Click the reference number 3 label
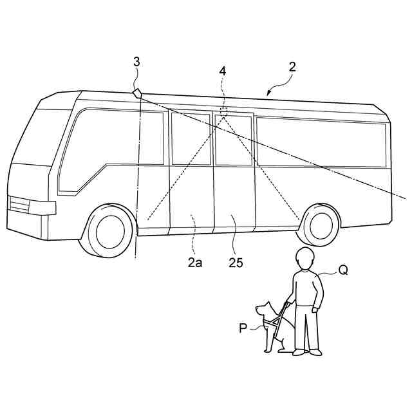click(136, 62)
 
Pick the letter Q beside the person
click(343, 271)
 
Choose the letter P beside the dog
click(243, 328)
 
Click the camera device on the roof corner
click(137, 93)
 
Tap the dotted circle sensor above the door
click(223, 113)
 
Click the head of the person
click(304, 259)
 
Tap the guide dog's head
click(263, 311)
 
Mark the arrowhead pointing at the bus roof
click(269, 95)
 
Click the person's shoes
click(306, 352)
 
